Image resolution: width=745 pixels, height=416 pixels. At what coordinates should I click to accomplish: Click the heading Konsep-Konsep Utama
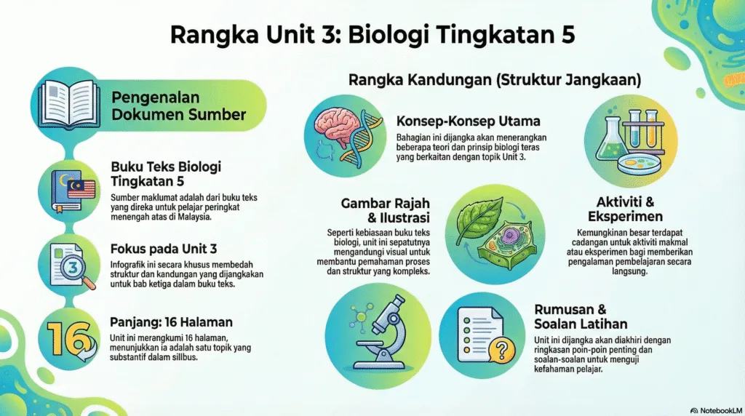[x=452, y=121]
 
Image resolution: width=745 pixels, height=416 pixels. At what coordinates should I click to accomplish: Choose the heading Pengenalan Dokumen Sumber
[x=178, y=106]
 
